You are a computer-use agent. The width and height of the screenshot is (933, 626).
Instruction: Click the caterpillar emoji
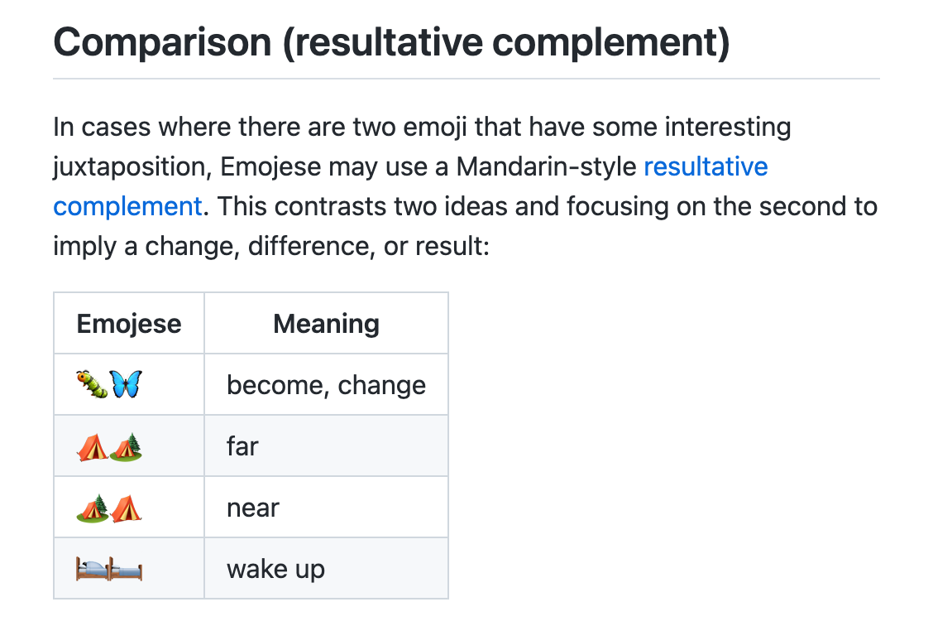(93, 384)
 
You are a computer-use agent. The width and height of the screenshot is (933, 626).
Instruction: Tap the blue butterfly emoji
(127, 384)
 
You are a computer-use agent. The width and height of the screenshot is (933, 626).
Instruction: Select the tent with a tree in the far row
(127, 446)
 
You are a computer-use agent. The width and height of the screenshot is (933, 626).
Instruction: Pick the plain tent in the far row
(93, 447)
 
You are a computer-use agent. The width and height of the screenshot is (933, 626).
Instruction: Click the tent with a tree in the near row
(93, 508)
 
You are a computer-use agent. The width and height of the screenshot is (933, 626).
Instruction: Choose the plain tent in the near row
(127, 508)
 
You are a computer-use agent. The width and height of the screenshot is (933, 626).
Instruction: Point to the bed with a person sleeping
(93, 569)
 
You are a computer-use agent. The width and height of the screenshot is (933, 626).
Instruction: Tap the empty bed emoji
(127, 569)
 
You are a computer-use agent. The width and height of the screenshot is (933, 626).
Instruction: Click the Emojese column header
(129, 324)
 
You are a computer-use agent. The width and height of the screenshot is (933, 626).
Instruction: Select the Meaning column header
(326, 324)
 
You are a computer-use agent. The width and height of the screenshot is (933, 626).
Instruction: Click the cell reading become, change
(326, 385)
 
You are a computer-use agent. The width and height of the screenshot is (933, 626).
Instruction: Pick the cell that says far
(242, 446)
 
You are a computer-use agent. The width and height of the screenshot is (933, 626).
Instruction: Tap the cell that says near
(253, 508)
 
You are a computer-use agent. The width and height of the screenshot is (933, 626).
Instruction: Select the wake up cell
(275, 570)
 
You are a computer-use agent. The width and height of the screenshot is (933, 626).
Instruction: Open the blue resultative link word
(706, 166)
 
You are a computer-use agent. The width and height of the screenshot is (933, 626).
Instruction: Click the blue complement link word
(128, 207)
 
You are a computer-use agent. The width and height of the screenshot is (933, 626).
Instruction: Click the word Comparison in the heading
(162, 43)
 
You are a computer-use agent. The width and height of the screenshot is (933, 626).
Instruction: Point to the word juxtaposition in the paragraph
(132, 167)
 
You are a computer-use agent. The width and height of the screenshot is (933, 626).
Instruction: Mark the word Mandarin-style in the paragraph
(546, 166)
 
